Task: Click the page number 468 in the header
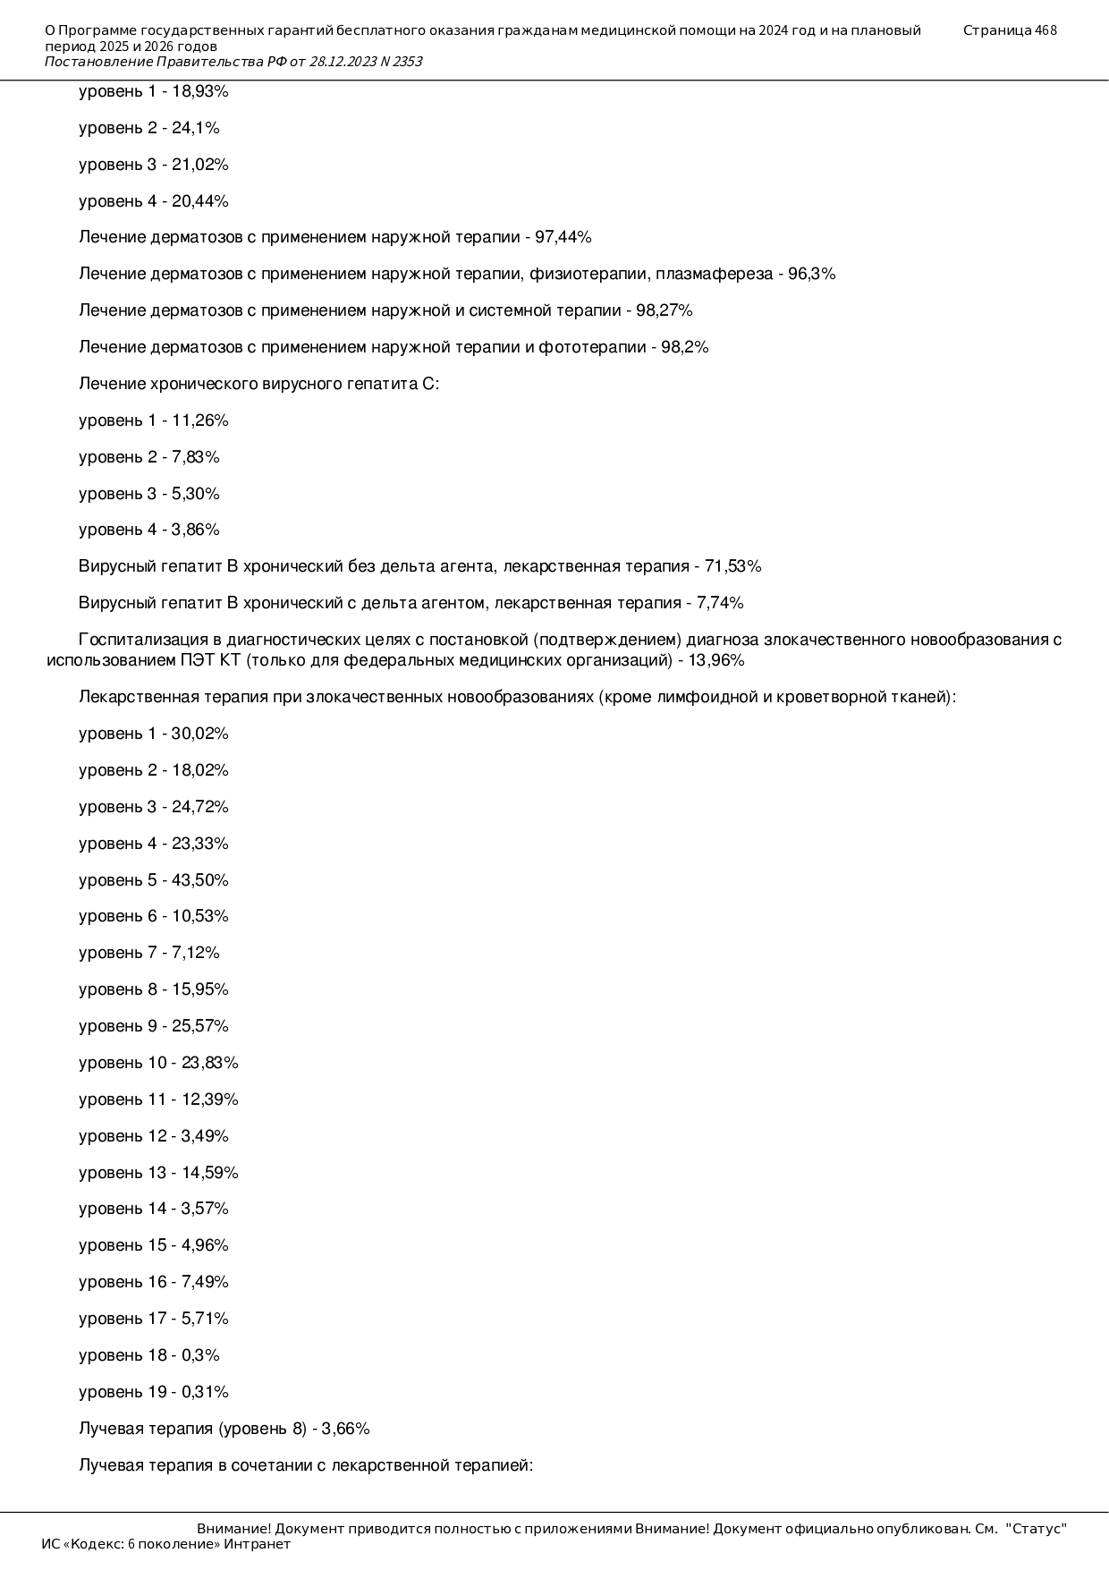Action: pos(1046,30)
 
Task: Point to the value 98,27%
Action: pos(664,310)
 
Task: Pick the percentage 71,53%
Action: pos(732,566)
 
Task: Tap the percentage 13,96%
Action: pos(716,661)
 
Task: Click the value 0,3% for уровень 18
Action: pos(200,1355)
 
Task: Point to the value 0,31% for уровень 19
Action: pos(205,1392)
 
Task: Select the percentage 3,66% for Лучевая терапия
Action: pos(345,1429)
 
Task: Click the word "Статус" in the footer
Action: pos(1036,1529)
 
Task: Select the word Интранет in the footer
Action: pos(258,1544)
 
